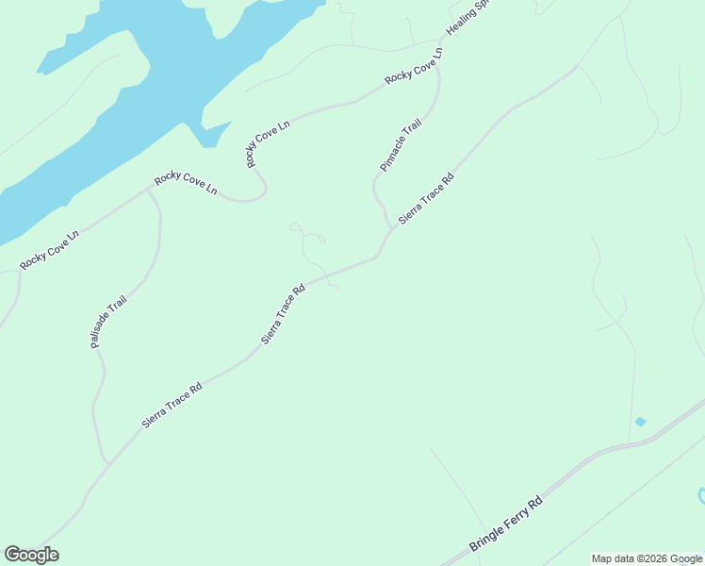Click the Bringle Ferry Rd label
507,525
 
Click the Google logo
31,555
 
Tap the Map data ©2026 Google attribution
647,558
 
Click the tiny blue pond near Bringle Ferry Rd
641,421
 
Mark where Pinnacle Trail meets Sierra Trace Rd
391,229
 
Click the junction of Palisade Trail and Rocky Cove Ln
149,189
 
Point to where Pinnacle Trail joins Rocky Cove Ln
437,65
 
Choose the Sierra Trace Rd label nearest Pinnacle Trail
426,198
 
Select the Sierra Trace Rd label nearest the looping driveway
284,314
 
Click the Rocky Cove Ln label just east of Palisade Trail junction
186,184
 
